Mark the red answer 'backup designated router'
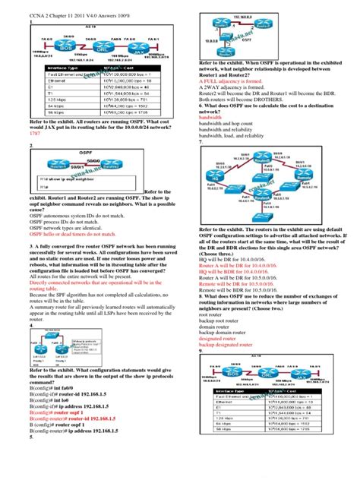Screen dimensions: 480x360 231,343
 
